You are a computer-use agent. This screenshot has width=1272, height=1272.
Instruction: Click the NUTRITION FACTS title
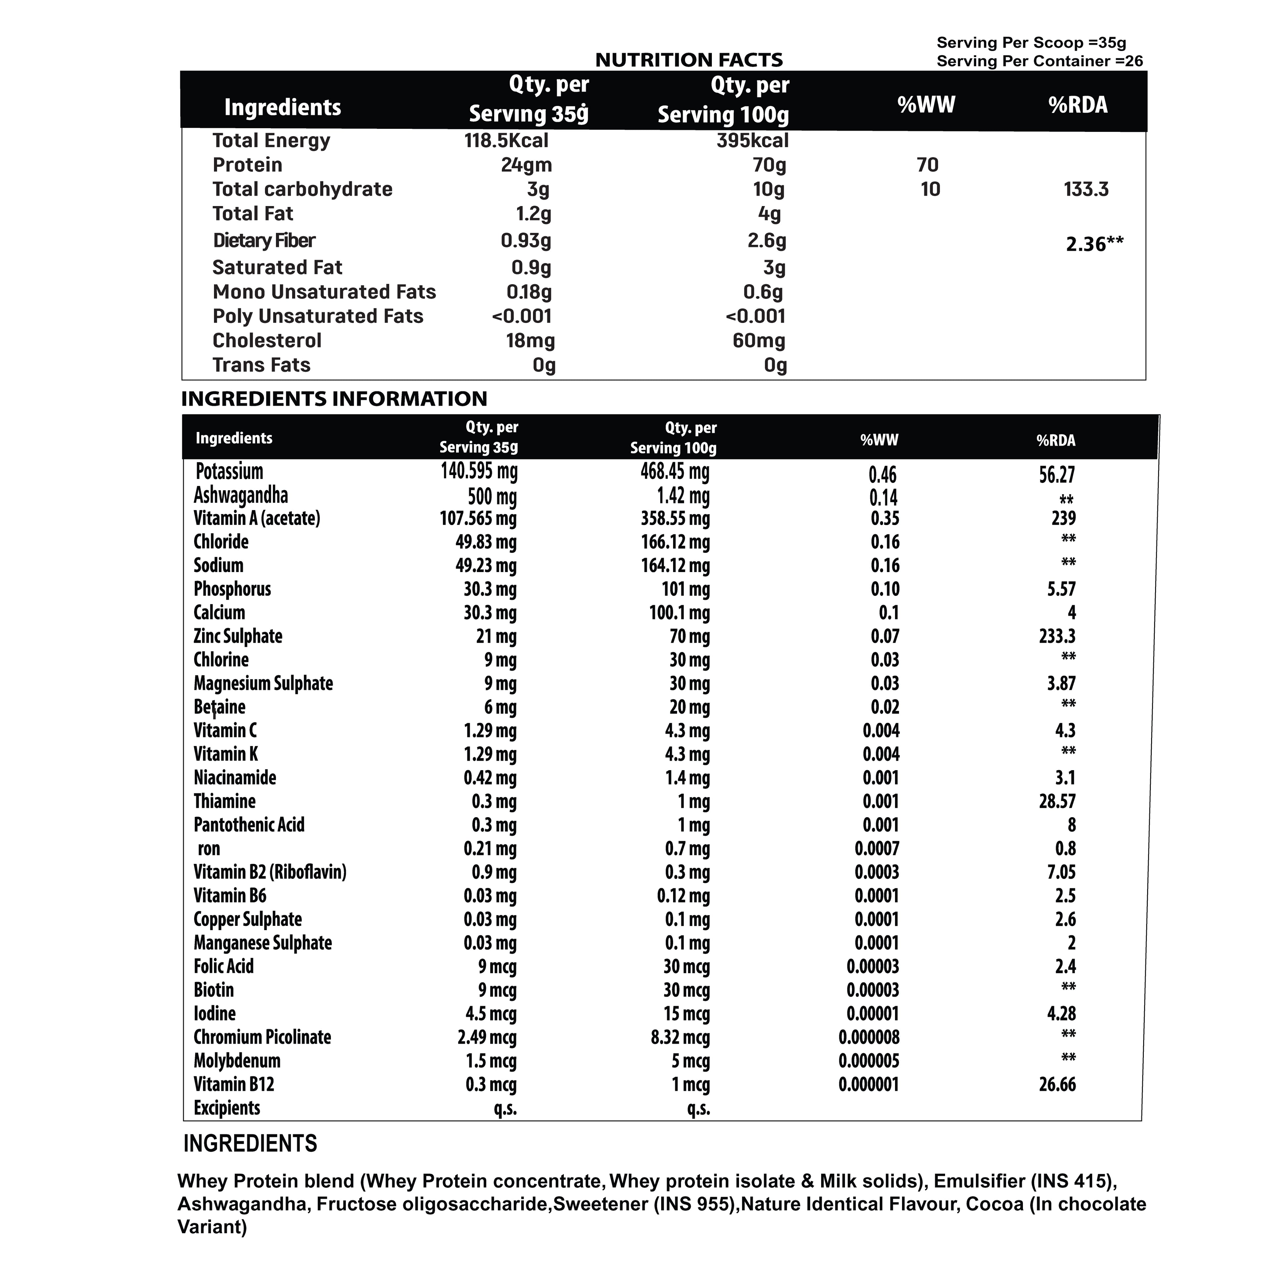689,60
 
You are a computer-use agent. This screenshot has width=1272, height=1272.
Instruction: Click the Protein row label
247,165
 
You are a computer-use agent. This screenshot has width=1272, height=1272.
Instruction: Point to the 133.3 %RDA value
1086,189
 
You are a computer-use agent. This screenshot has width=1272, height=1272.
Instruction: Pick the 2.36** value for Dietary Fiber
1094,244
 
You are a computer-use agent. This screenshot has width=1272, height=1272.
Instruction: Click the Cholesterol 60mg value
759,341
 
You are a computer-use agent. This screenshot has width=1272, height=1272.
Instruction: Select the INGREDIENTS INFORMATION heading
334,398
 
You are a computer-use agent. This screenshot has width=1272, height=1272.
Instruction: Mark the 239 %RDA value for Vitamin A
1063,518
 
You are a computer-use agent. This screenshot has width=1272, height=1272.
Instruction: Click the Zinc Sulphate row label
238,636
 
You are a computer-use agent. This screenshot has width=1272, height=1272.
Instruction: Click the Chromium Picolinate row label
262,1037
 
